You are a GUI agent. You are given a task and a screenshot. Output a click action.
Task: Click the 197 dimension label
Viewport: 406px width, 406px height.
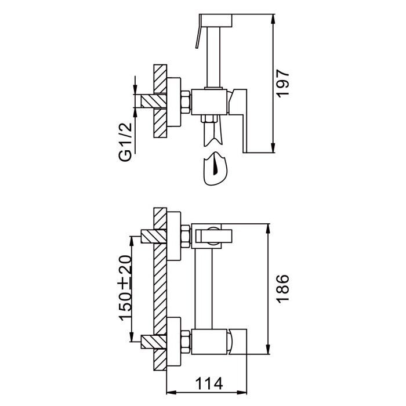pyautogui.click(x=282, y=84)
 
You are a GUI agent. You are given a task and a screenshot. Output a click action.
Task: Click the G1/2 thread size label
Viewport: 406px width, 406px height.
pyautogui.click(x=125, y=142)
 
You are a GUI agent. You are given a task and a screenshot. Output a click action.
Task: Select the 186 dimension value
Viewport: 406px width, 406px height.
pyautogui.click(x=282, y=288)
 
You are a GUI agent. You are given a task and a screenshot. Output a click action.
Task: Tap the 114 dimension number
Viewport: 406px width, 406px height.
pyautogui.click(x=209, y=383)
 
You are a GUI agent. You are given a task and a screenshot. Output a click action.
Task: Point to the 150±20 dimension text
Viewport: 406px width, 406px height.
pyautogui.click(x=125, y=288)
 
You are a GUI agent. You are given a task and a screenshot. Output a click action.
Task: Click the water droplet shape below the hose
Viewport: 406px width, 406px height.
pyautogui.click(x=215, y=169)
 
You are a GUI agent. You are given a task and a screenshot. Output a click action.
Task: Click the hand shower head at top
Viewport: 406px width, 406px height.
pyautogui.click(x=216, y=20)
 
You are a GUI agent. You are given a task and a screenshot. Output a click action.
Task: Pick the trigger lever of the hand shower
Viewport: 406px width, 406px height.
pyautogui.click(x=198, y=32)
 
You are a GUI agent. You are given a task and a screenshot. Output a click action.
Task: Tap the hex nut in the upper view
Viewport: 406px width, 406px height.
pyautogui.click(x=186, y=102)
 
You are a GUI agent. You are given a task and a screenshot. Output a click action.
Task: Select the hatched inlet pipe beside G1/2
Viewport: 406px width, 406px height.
pyautogui.click(x=154, y=101)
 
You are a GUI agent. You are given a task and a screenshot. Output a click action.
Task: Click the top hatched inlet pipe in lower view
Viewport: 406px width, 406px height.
pyautogui.click(x=154, y=237)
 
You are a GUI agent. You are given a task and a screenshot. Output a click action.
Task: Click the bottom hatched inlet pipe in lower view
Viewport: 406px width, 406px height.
pyautogui.click(x=154, y=342)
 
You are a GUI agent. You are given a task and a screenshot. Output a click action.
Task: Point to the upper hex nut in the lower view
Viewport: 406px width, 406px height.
pyautogui.click(x=186, y=237)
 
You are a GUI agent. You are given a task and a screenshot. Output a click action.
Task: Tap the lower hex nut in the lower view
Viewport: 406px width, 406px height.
pyautogui.click(x=186, y=342)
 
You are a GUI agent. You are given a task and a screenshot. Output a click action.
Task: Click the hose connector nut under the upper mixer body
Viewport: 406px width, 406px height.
pyautogui.click(x=209, y=119)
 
